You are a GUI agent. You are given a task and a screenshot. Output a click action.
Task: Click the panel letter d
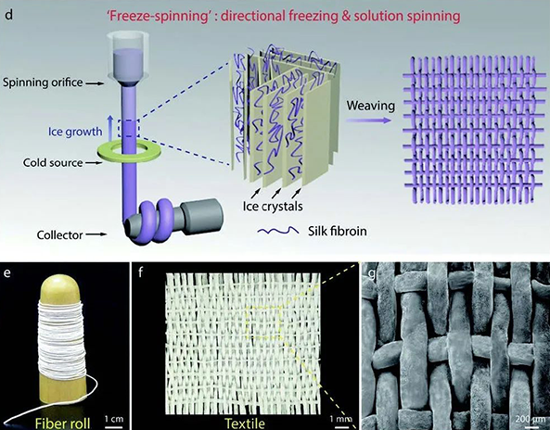[8, 16]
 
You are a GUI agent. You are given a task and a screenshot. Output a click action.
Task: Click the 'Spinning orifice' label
[43, 82]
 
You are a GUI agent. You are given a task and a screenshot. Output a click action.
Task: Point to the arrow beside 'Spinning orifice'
[96, 83]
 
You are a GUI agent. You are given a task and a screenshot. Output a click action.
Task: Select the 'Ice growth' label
[75, 132]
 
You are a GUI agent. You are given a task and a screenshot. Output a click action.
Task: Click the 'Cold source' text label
[53, 162]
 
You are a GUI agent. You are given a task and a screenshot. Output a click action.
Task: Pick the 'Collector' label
[60, 234]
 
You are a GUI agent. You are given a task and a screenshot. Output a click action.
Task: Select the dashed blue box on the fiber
[129, 128]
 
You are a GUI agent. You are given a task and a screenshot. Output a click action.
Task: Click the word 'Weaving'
[371, 107]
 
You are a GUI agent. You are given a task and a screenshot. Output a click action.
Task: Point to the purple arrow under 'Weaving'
[368, 120]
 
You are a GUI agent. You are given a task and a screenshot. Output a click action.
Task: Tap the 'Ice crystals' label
[273, 206]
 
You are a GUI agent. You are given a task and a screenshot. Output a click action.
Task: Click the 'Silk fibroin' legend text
[338, 232]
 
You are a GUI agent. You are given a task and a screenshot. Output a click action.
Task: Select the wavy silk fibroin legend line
[278, 231]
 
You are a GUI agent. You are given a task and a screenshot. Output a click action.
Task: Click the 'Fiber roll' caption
[62, 423]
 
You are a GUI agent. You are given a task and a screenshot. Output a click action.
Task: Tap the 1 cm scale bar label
[114, 419]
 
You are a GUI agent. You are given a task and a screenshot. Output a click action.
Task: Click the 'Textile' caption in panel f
[245, 424]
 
